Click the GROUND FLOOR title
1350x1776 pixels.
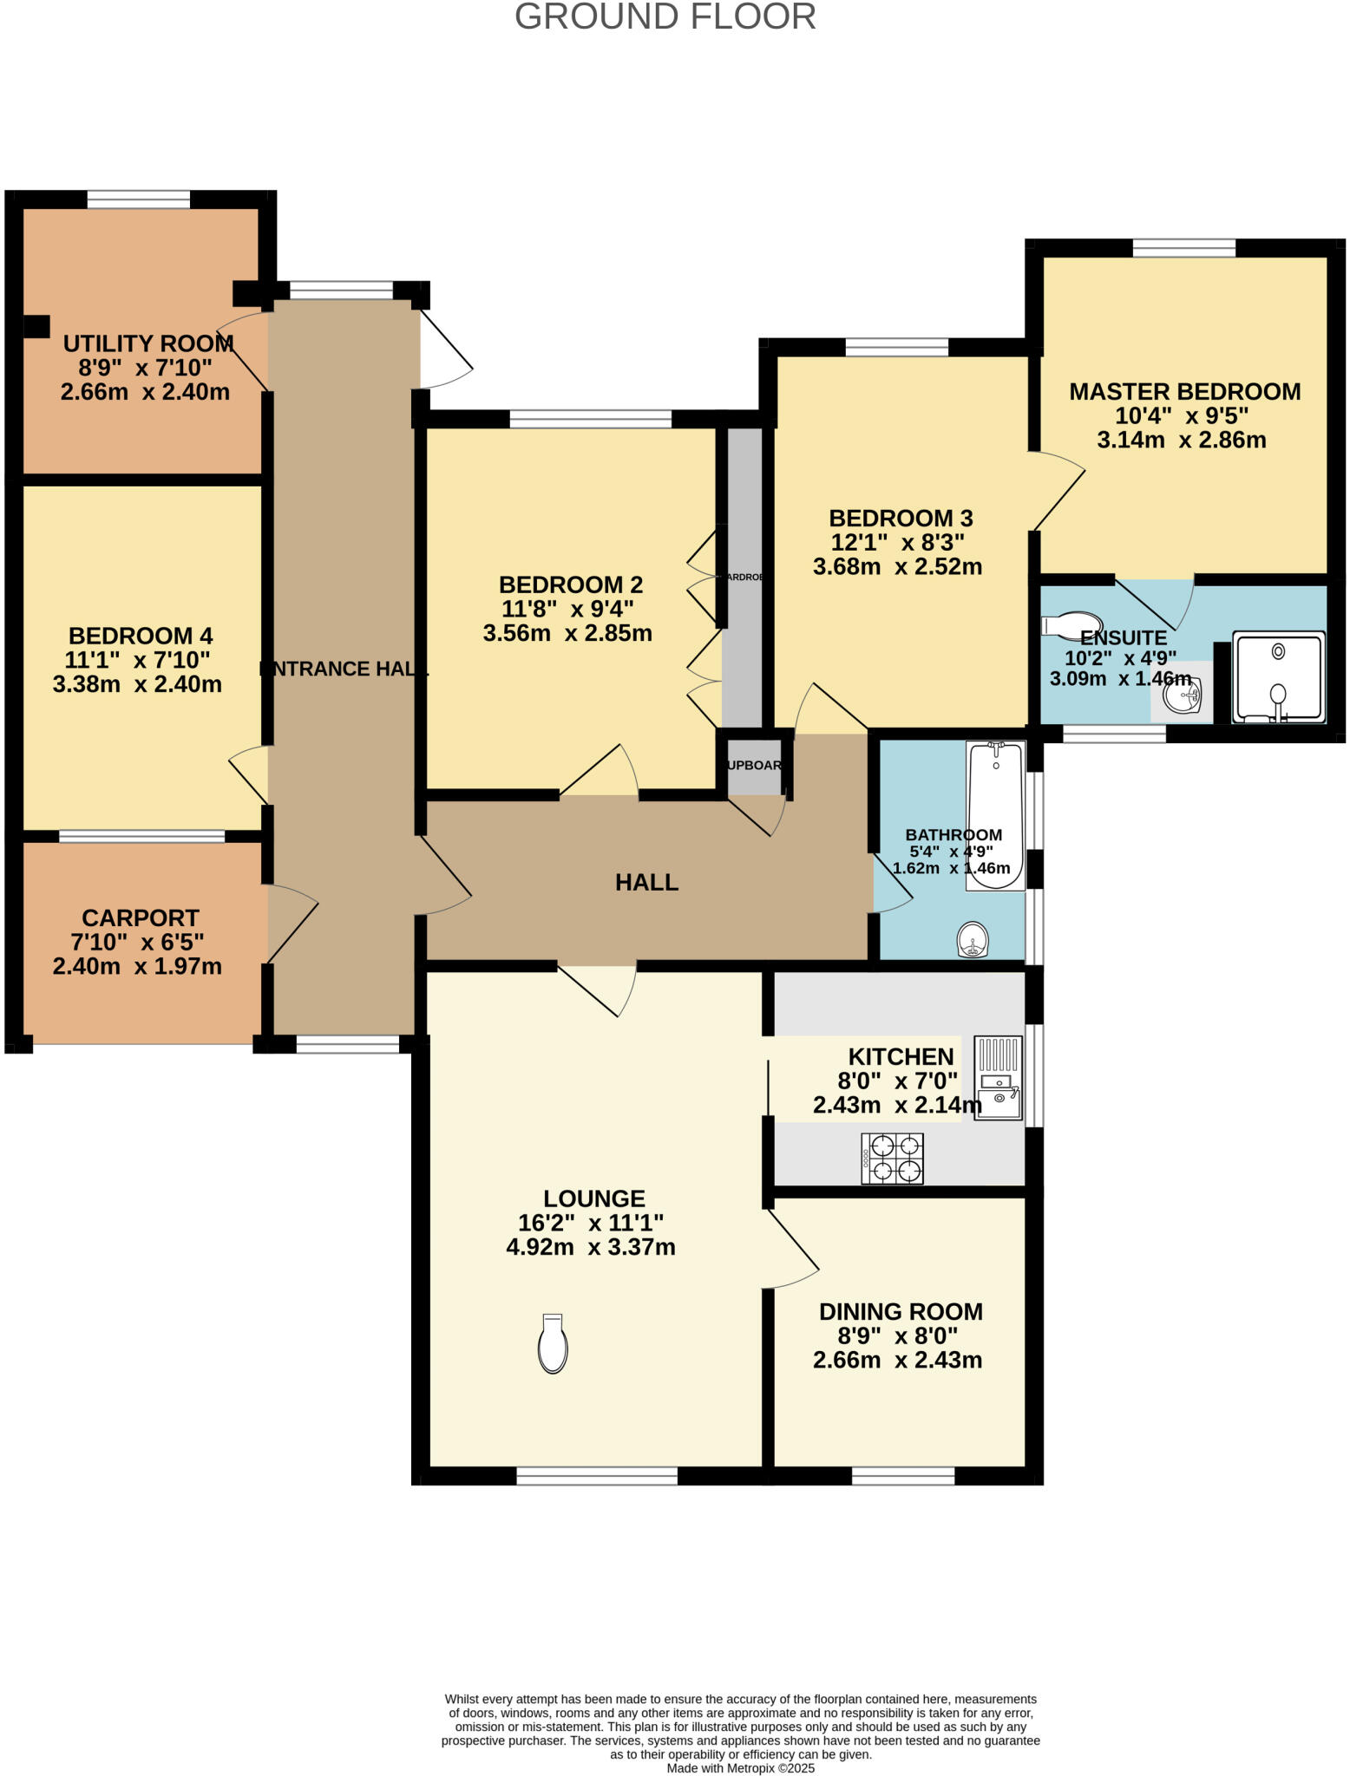click(x=665, y=16)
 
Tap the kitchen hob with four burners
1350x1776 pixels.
click(x=891, y=1159)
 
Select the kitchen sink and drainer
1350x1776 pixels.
click(x=998, y=1078)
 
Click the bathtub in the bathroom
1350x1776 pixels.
click(x=995, y=815)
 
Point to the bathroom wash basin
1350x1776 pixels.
click(x=973, y=940)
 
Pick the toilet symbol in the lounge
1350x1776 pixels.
click(x=553, y=1343)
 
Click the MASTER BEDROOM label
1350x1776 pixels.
click(x=1184, y=392)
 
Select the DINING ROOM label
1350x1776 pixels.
click(x=901, y=1311)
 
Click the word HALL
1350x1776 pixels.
click(x=646, y=883)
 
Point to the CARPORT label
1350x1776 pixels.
click(x=140, y=917)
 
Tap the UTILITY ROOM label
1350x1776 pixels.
click(x=147, y=343)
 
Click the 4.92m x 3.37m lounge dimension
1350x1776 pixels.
click(x=590, y=1247)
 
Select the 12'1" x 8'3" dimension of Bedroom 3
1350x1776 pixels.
click(x=897, y=543)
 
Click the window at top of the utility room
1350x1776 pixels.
click(x=139, y=199)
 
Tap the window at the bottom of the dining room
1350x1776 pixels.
click(x=902, y=1476)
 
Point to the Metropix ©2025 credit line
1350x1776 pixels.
click(x=740, y=1768)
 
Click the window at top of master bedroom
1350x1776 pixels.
click(x=1183, y=248)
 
